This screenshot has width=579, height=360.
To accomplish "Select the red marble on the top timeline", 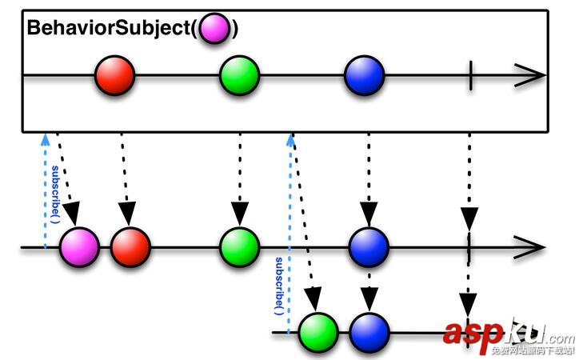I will (114, 77).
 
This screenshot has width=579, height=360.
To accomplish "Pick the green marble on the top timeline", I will (240, 77).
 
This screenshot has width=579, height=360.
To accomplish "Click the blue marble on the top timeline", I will (365, 77).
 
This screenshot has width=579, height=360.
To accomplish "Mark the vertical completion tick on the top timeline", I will (470, 77).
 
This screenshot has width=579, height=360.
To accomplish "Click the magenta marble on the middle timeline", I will (79, 247).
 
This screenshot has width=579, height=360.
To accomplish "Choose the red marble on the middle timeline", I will (130, 247).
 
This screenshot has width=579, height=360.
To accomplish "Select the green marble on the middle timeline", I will (240, 247).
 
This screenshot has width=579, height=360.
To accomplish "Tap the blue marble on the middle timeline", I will (368, 247).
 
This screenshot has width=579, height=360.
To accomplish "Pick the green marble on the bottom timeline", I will (318, 333).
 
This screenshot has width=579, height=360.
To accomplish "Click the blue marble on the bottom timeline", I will (368, 333).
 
